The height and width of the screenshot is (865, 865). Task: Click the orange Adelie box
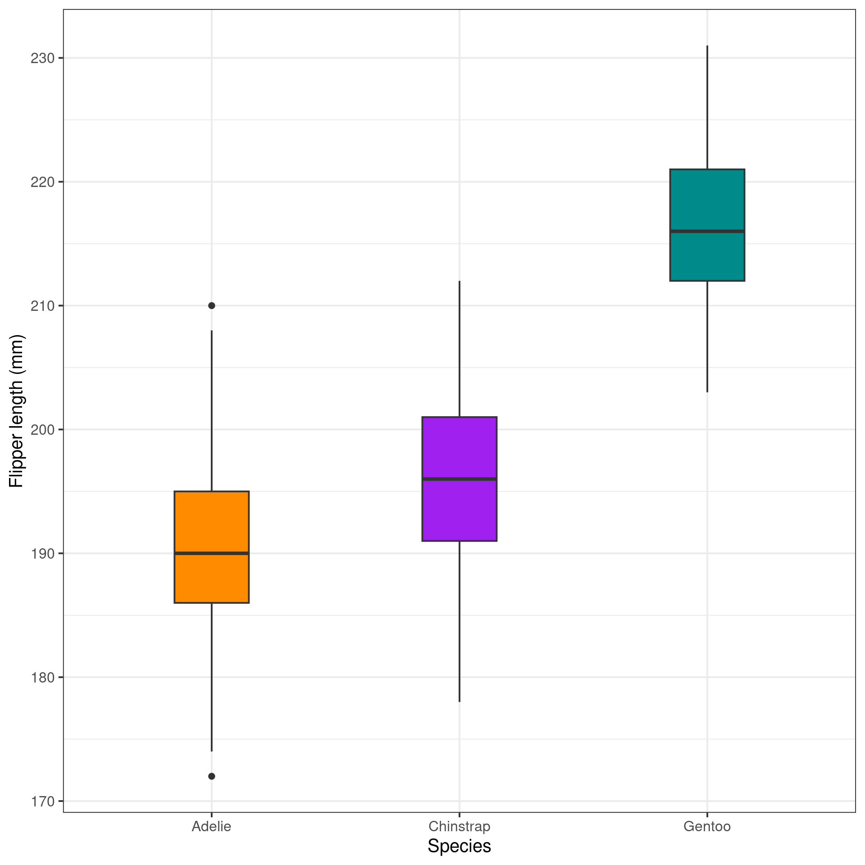point(211,523)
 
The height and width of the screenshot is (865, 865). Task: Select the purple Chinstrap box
point(459,509)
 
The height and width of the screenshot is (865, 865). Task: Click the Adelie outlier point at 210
point(212,305)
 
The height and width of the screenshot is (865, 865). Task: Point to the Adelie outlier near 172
point(212,776)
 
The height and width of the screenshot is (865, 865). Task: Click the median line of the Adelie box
point(211,553)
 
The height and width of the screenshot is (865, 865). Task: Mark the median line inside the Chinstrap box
point(459,479)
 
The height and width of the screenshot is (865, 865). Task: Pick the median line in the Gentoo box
point(707,231)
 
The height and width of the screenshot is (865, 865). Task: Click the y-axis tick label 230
point(42,58)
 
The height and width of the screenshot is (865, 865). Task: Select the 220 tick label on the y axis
point(42,182)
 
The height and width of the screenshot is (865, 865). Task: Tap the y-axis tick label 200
point(42,430)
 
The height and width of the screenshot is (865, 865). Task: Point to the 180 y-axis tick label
point(42,677)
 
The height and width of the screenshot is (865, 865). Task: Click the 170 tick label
point(42,801)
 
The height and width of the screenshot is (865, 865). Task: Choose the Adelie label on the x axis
point(211,827)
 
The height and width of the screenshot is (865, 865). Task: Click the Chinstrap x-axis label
point(459,827)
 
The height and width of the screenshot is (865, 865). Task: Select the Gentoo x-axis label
point(707,827)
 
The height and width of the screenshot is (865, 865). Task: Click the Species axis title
point(459,846)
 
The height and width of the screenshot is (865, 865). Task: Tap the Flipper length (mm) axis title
point(16,411)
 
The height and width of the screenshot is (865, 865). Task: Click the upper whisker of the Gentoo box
point(707,108)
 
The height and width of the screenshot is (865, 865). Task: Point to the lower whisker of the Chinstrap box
point(460,622)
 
